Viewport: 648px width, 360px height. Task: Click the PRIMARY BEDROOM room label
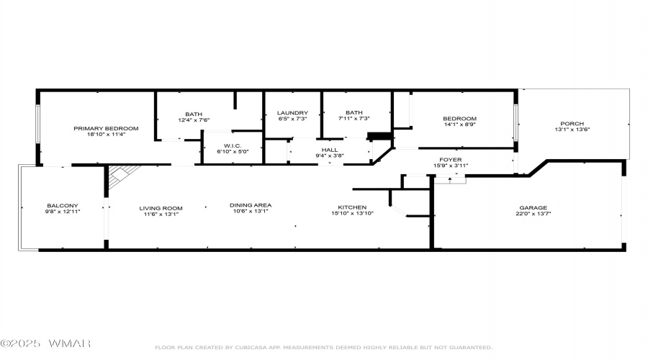106,129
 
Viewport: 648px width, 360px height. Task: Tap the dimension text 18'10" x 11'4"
106,135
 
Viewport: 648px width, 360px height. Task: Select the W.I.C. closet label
233,146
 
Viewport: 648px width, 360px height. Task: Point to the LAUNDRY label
292,113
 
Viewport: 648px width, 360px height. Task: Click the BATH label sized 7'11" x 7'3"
354,112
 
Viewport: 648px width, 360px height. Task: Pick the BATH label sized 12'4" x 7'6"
194,114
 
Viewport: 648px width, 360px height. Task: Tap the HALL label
330,150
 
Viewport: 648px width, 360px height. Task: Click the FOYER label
451,160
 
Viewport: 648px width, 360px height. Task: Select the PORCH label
572,124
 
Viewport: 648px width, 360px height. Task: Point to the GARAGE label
533,208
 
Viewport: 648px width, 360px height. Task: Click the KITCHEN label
352,207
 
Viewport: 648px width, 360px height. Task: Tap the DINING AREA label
251,205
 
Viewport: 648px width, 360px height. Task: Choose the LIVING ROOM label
161,208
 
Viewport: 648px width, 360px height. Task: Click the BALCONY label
63,205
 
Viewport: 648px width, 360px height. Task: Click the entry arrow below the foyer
450,180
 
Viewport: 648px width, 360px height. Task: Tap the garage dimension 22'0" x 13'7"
533,214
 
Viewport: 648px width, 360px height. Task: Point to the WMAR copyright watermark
45,343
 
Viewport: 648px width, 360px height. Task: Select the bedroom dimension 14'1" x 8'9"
460,125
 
